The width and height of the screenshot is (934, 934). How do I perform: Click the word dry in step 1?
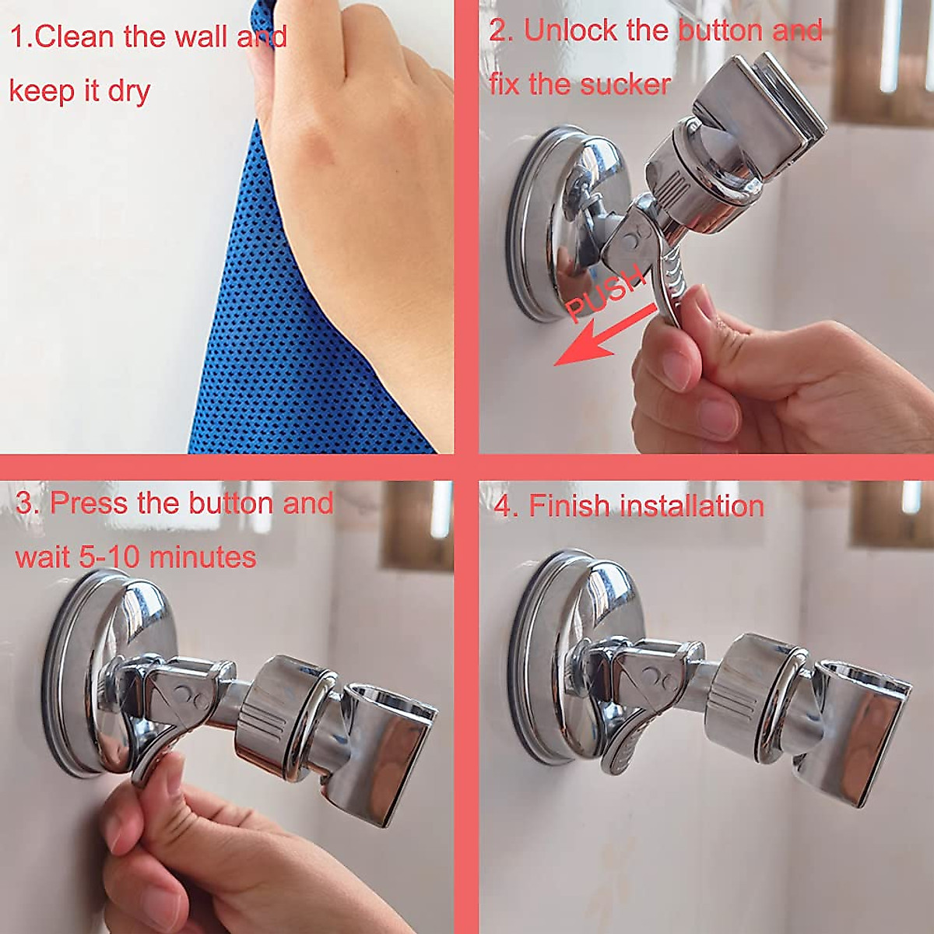click(x=129, y=91)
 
